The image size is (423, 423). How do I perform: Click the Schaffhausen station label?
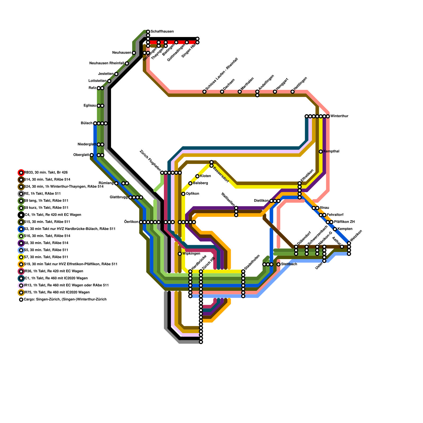click(x=162, y=32)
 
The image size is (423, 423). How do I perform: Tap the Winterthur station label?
click(x=339, y=116)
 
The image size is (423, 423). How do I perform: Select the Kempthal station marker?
click(x=321, y=151)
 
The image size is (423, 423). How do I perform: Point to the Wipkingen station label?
click(x=191, y=254)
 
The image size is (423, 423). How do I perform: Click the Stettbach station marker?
click(x=278, y=264)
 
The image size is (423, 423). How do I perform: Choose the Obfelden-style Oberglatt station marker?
click(x=92, y=155)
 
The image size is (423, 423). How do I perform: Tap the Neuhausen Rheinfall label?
click(x=107, y=63)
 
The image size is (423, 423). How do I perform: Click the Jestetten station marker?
click(x=116, y=74)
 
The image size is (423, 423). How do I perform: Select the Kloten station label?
click(x=205, y=176)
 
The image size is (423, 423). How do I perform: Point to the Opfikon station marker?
click(x=183, y=194)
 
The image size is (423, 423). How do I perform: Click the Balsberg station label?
click(x=200, y=183)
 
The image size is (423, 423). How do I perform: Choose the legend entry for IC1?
click(x=56, y=278)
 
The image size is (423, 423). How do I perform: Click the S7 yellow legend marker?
click(x=21, y=257)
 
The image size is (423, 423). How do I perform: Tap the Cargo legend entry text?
click(x=65, y=300)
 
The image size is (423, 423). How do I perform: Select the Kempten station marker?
click(x=335, y=229)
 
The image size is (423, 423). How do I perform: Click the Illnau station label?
click(x=324, y=208)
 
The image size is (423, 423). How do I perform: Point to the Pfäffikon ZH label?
click(x=344, y=222)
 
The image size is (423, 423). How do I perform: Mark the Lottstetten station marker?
click(x=109, y=81)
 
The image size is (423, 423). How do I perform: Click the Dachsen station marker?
click(x=222, y=91)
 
